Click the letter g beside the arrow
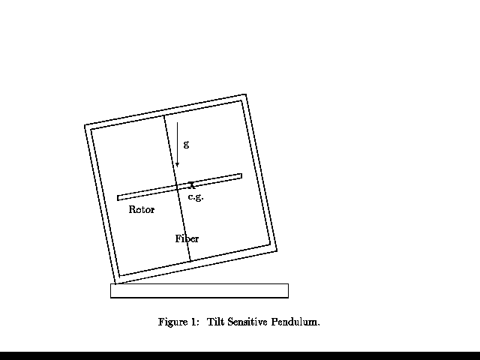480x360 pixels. click(x=186, y=143)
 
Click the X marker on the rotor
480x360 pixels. click(x=192, y=184)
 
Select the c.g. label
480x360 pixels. click(x=195, y=197)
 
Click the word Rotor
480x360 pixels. click(x=141, y=210)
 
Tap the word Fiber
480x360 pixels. click(x=187, y=239)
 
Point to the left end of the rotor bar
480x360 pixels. click(x=119, y=198)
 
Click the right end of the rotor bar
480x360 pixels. click(x=240, y=176)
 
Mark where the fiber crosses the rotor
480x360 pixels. click(x=177, y=187)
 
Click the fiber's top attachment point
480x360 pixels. click(x=164, y=115)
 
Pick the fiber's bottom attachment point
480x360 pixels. click(x=190, y=262)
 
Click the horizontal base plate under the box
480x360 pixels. click(x=199, y=291)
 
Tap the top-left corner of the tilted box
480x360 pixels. click(x=85, y=125)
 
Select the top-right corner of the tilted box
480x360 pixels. click(x=245, y=94)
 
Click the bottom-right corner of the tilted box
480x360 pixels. click(x=277, y=250)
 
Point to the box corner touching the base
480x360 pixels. click(x=116, y=283)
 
